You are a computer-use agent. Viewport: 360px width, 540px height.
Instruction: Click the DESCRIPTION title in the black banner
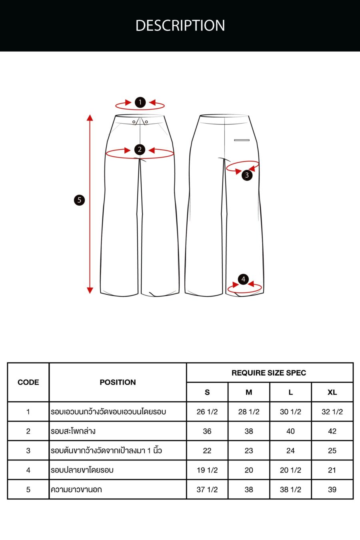180,26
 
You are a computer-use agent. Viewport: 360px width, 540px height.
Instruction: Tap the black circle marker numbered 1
140,102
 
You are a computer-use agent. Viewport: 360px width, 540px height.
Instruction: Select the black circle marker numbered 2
140,150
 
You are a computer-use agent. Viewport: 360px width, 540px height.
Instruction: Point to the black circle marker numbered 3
247,175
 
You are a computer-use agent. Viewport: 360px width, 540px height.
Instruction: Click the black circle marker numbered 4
243,279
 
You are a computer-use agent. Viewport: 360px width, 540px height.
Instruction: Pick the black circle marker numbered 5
79,200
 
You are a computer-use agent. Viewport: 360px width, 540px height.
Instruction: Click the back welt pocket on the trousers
242,140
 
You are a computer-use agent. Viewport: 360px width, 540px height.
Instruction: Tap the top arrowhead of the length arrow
90,118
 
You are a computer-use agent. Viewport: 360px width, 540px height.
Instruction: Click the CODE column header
28,382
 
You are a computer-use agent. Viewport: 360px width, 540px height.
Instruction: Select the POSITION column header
118,382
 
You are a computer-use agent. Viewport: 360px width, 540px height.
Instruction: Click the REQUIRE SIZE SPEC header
269,373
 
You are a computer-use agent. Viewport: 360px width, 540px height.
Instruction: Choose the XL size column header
332,392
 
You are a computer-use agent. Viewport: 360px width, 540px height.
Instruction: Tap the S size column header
207,392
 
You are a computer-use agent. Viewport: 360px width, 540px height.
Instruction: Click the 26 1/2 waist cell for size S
207,412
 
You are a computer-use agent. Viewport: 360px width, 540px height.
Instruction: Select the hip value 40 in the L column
290,431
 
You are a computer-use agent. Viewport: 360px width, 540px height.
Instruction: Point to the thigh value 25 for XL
332,450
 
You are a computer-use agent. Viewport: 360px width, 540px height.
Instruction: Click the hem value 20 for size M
249,470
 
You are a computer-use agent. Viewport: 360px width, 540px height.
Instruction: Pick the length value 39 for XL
332,489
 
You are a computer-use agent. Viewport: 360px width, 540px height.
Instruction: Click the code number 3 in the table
28,450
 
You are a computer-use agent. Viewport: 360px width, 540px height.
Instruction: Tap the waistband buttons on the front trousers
140,122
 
